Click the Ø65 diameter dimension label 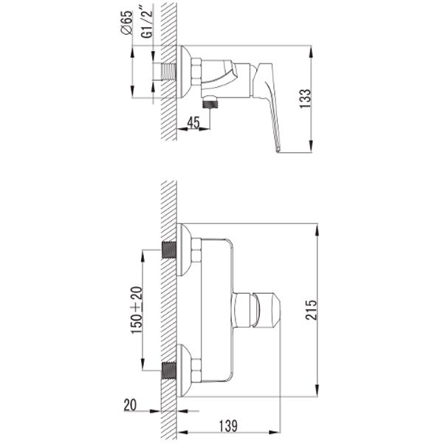127,22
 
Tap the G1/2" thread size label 147,24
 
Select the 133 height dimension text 305,99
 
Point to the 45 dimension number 193,123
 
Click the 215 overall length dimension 311,310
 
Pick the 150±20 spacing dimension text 137,310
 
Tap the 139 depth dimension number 228,426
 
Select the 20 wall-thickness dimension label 130,405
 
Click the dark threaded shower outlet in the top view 210,103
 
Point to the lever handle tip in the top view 278,150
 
